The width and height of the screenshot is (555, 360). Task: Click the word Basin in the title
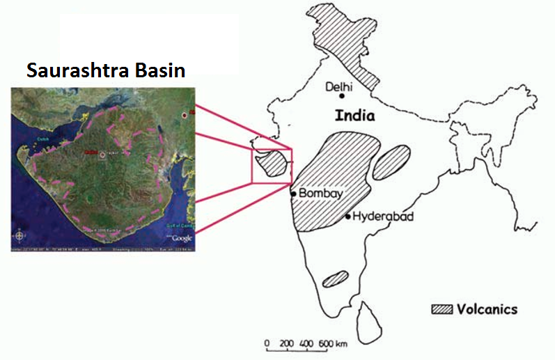(x=159, y=70)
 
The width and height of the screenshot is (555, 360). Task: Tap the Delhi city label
(x=340, y=86)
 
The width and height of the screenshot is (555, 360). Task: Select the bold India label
(x=354, y=116)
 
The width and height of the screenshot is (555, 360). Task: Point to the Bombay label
(x=320, y=194)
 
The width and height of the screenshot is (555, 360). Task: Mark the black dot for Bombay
(x=293, y=193)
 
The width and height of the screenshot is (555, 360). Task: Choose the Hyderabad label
(x=383, y=217)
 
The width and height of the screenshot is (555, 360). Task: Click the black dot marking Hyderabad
(x=348, y=217)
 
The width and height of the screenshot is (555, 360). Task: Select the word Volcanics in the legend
(x=487, y=308)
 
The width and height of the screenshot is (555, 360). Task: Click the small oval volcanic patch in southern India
(x=335, y=279)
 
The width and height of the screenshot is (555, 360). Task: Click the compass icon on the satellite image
(x=19, y=234)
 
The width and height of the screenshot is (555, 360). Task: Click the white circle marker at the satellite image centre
(x=102, y=155)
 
